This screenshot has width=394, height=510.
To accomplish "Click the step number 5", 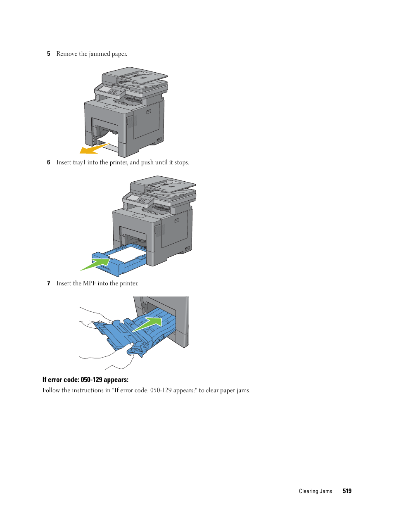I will pyautogui.click(x=48, y=54).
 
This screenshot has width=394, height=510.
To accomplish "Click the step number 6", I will pyautogui.click(x=48, y=162).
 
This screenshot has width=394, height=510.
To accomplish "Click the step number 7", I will pyautogui.click(x=48, y=283).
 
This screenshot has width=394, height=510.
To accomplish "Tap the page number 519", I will pyautogui.click(x=347, y=491).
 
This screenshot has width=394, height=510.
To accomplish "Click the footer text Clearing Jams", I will pyautogui.click(x=315, y=491).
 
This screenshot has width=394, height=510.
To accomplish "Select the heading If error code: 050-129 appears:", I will pyautogui.click(x=85, y=380).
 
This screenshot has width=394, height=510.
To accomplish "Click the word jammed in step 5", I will pyautogui.click(x=100, y=54).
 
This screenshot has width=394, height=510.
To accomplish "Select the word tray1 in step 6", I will pyautogui.click(x=79, y=162).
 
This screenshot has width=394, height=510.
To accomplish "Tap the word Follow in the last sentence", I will pyautogui.click(x=51, y=390).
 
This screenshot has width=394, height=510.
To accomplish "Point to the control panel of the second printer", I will pyautogui.click(x=139, y=199).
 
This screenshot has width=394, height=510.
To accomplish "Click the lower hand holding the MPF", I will pyautogui.click(x=120, y=355).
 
